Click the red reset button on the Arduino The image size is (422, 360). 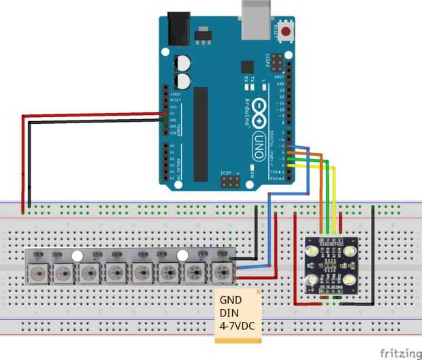pos(286,31)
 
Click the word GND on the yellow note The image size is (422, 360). pos(230,299)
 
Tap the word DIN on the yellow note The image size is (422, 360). pos(229,312)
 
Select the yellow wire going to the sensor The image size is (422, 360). pos(334,197)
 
